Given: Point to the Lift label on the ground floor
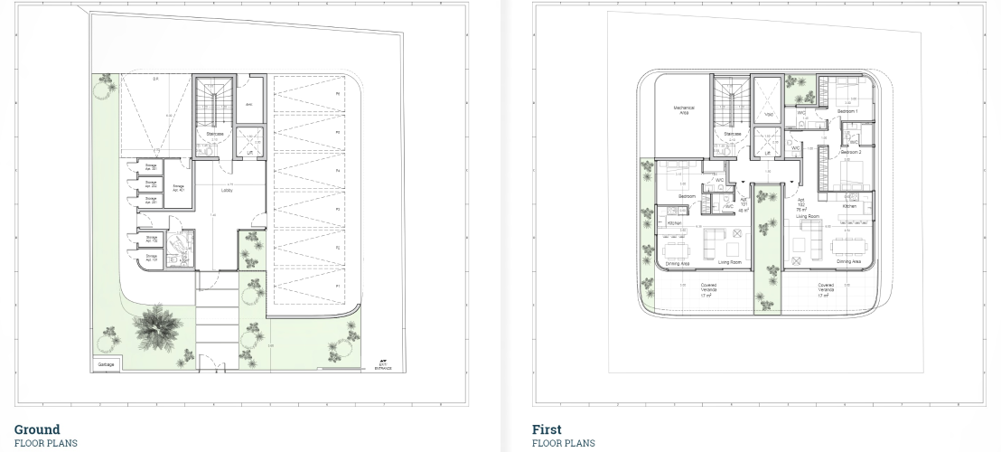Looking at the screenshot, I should pyautogui.click(x=248, y=154).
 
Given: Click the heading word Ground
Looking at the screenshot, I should pyautogui.click(x=37, y=429).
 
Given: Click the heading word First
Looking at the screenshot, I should pyautogui.click(x=547, y=429).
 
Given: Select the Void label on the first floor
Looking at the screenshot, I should pyautogui.click(x=769, y=115).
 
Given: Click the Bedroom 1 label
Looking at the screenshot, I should pyautogui.click(x=847, y=111).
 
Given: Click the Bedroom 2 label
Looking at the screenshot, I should pyautogui.click(x=850, y=153).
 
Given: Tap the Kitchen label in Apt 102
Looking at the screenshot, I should pyautogui.click(x=849, y=206).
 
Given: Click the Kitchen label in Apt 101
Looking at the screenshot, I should pyautogui.click(x=673, y=222).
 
